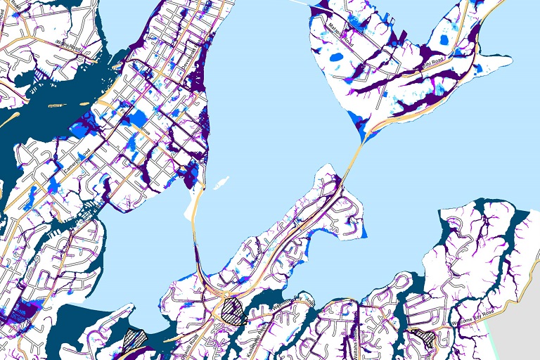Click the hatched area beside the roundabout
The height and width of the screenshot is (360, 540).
point(231,309)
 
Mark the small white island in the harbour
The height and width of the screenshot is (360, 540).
point(221,184)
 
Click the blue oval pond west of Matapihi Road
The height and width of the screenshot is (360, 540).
point(337,57)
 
